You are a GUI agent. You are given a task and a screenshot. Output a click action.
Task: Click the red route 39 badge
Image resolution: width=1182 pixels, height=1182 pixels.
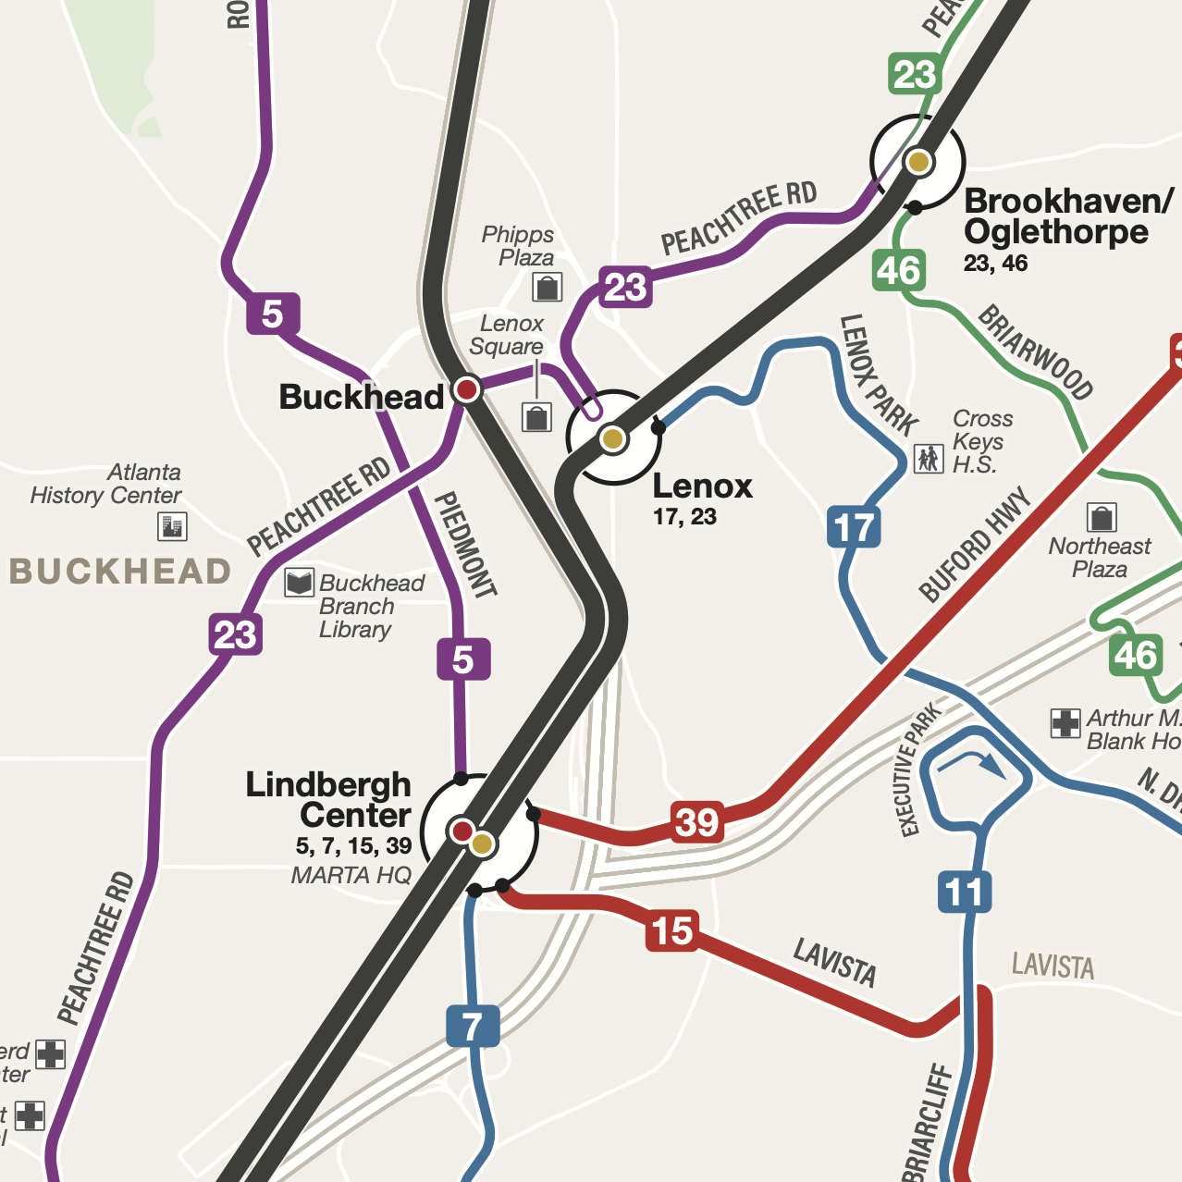pos(696,821)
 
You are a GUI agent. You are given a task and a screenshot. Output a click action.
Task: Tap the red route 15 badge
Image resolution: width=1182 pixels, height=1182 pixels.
pos(671,930)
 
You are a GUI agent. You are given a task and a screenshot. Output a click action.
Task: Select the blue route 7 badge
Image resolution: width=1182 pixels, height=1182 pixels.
pos(473,1026)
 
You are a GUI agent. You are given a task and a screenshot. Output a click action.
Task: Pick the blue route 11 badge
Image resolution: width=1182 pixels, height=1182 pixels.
pos(965,893)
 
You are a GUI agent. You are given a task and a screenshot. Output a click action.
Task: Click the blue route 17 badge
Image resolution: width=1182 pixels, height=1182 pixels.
pos(853,527)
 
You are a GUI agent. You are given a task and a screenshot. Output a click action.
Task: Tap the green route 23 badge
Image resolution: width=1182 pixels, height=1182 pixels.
pos(915,74)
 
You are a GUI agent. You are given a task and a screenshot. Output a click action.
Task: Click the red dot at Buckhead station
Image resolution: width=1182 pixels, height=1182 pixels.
pos(467,388)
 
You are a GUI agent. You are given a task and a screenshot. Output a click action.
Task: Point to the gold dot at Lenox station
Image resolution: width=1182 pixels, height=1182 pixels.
pos(612,438)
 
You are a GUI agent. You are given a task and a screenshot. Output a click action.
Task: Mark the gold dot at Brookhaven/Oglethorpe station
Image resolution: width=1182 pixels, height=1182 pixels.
pos(918,162)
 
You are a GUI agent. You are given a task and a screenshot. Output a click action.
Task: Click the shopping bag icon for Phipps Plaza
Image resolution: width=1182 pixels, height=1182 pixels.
pos(548,288)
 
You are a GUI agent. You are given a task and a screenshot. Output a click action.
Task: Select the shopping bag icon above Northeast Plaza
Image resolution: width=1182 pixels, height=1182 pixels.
pos(1101,517)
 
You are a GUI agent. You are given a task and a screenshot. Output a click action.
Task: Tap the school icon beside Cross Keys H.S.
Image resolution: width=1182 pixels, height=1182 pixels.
pos(929,457)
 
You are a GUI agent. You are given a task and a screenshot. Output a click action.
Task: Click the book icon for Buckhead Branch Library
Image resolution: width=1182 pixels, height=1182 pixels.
pos(299,583)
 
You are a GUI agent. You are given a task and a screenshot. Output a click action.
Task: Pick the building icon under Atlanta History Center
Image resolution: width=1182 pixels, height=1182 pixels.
pos(173,526)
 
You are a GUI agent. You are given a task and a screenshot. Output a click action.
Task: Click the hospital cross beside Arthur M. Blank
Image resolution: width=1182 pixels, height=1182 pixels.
pos(1065,722)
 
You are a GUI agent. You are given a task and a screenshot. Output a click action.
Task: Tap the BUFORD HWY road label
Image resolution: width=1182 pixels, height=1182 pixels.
pos(974,545)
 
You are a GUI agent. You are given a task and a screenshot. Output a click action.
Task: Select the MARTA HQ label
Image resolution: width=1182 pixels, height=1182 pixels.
pos(351,875)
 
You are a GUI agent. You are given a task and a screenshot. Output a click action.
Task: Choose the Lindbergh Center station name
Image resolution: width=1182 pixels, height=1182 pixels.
pos(328,800)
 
